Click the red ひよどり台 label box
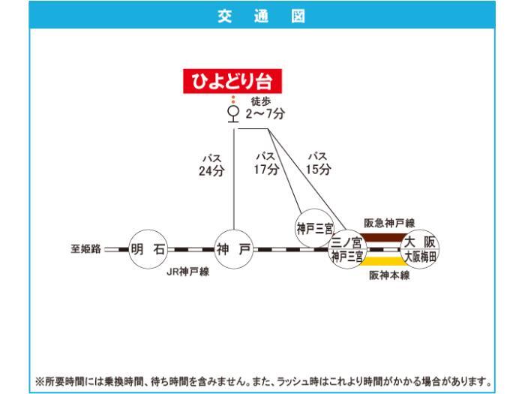(x=232, y=81)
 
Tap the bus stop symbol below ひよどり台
(x=233, y=114)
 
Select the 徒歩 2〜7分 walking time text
(x=265, y=108)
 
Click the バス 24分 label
(x=211, y=166)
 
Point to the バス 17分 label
(x=266, y=164)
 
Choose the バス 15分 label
(x=318, y=164)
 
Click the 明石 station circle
(x=148, y=249)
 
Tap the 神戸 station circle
(x=234, y=249)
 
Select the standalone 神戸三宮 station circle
(x=314, y=228)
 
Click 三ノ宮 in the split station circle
(x=346, y=242)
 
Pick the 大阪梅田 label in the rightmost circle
(x=421, y=257)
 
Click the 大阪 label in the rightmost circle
(x=420, y=242)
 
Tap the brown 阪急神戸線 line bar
(x=384, y=238)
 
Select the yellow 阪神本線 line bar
(x=384, y=261)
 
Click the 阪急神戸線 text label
(x=389, y=223)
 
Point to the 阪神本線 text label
(x=389, y=275)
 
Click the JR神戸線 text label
(x=187, y=272)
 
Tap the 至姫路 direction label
(x=85, y=249)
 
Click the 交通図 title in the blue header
(x=262, y=16)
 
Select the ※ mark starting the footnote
(x=40, y=381)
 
